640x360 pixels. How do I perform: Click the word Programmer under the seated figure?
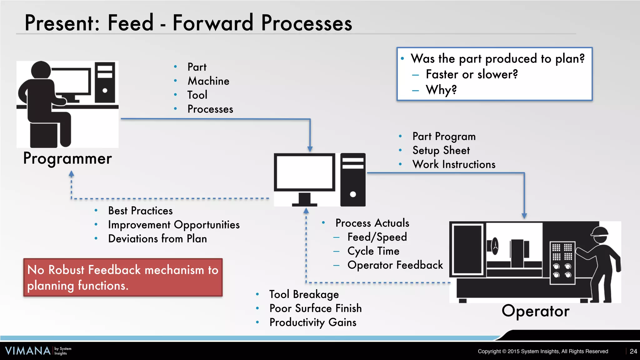pyautogui.click(x=67, y=159)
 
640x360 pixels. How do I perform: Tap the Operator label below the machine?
pyautogui.click(x=535, y=311)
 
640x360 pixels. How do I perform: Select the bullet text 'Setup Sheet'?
pyautogui.click(x=441, y=151)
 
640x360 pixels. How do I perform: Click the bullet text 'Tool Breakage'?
pyautogui.click(x=304, y=294)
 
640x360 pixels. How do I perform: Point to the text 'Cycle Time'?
pyautogui.click(x=373, y=251)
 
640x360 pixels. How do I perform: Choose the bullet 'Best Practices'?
pyautogui.click(x=140, y=211)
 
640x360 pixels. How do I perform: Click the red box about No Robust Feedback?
pyautogui.click(x=123, y=277)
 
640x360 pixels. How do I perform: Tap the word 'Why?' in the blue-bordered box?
pyautogui.click(x=441, y=90)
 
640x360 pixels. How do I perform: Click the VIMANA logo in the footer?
pyautogui.click(x=28, y=351)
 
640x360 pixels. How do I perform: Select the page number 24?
pyautogui.click(x=633, y=351)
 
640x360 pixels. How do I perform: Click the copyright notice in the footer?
pyautogui.click(x=543, y=351)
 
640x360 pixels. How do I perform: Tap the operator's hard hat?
pyautogui.click(x=599, y=231)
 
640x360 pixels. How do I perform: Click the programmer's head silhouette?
pyautogui.click(x=41, y=70)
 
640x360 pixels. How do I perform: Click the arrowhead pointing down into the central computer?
pyautogui.click(x=310, y=149)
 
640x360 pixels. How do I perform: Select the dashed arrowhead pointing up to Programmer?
pyautogui.click(x=71, y=174)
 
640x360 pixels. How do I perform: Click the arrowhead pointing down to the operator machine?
pyautogui.click(x=524, y=216)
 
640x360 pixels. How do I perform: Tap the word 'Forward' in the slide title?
pyautogui.click(x=213, y=23)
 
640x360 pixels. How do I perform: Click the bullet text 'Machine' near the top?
pyautogui.click(x=208, y=81)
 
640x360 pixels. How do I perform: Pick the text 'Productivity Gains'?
pyautogui.click(x=312, y=322)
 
